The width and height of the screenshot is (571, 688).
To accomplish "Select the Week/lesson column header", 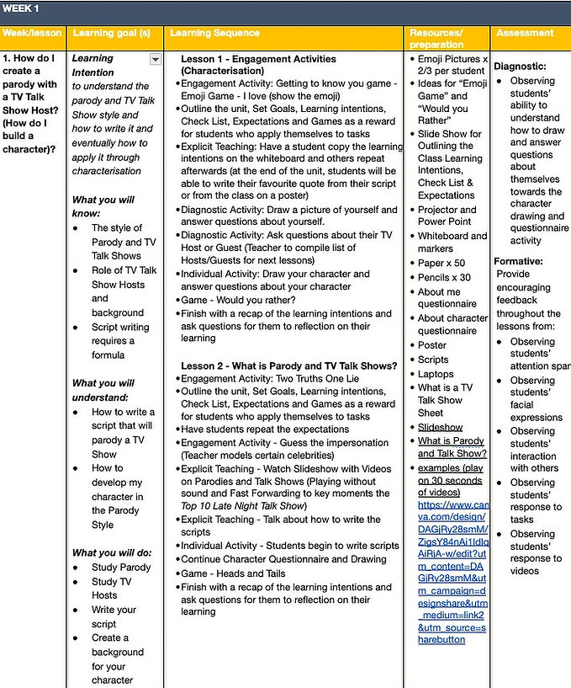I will tap(31, 34).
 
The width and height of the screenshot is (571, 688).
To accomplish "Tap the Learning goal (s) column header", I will tap(111, 34).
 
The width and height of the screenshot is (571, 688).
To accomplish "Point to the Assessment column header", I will tap(526, 34).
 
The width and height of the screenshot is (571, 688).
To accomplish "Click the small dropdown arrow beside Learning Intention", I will tap(155, 59).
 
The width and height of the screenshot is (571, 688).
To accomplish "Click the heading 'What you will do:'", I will tap(112, 552).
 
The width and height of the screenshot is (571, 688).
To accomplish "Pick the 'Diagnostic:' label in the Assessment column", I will tap(520, 66).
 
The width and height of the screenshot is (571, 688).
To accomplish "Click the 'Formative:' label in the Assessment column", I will tap(518, 261).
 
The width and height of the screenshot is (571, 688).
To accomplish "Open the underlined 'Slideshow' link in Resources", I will tap(440, 428).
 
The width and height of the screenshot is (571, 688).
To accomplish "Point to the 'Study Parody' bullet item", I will tap(121, 568).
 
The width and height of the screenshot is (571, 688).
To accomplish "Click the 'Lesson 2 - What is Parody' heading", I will tap(288, 365).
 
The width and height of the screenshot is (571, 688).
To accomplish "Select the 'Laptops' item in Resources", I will tap(436, 374).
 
